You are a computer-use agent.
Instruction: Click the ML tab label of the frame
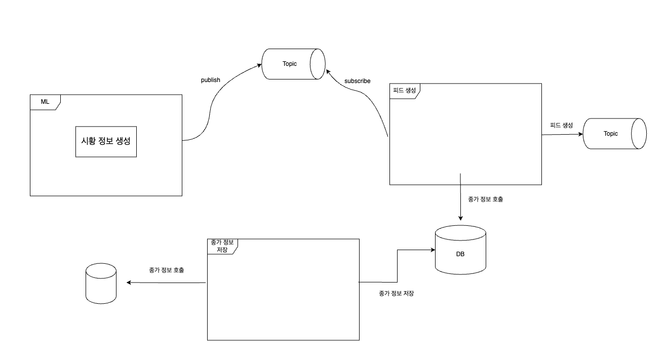pyautogui.click(x=45, y=102)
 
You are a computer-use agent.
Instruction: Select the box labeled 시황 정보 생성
pyautogui.click(x=106, y=141)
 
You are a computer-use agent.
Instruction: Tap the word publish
pyautogui.click(x=211, y=80)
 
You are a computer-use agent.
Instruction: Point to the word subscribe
pyautogui.click(x=357, y=81)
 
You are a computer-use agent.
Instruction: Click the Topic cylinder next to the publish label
pyautogui.click(x=293, y=64)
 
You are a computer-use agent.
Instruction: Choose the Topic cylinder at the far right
pyautogui.click(x=614, y=134)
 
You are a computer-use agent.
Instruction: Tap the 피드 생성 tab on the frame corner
pyautogui.click(x=404, y=90)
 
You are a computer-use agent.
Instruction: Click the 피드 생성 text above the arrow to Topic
pyautogui.click(x=561, y=125)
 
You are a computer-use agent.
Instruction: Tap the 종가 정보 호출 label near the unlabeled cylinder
pyautogui.click(x=167, y=270)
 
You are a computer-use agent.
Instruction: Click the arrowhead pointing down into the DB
pyautogui.click(x=460, y=218)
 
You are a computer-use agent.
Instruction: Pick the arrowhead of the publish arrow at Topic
pyautogui.click(x=259, y=65)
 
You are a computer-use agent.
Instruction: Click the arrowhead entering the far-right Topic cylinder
pyautogui.click(x=580, y=134)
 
